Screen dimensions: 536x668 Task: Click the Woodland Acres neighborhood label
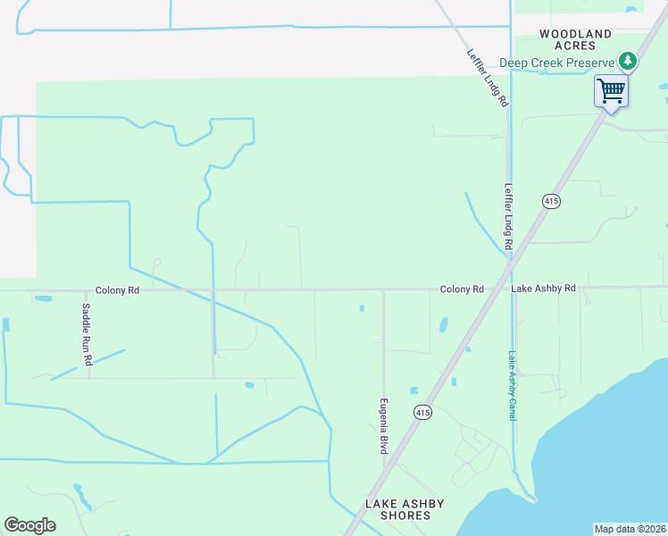pyautogui.click(x=576, y=40)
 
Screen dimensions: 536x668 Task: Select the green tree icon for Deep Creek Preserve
pyautogui.click(x=629, y=62)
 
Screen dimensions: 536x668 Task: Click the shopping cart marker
pyautogui.click(x=611, y=90)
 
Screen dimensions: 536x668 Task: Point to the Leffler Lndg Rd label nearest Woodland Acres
pyautogui.click(x=487, y=78)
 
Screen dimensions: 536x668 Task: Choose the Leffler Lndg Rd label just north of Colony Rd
pyautogui.click(x=507, y=216)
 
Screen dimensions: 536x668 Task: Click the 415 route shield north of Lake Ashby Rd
pyautogui.click(x=550, y=202)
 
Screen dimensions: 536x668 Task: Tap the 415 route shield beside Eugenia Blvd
pyautogui.click(x=422, y=412)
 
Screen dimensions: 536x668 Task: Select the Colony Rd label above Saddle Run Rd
pyautogui.click(x=118, y=290)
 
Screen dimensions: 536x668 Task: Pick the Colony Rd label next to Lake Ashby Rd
pyautogui.click(x=461, y=290)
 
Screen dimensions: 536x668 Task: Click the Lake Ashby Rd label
pyautogui.click(x=543, y=289)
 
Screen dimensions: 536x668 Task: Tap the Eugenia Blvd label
pyautogui.click(x=384, y=425)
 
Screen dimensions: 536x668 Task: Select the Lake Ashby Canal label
pyautogui.click(x=513, y=385)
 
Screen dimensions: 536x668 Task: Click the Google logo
pyautogui.click(x=29, y=525)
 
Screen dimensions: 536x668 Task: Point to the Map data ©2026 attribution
pyautogui.click(x=629, y=529)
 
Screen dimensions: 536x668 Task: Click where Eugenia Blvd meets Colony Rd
pyautogui.click(x=384, y=289)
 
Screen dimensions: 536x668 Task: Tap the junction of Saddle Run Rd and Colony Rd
pyautogui.click(x=88, y=289)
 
